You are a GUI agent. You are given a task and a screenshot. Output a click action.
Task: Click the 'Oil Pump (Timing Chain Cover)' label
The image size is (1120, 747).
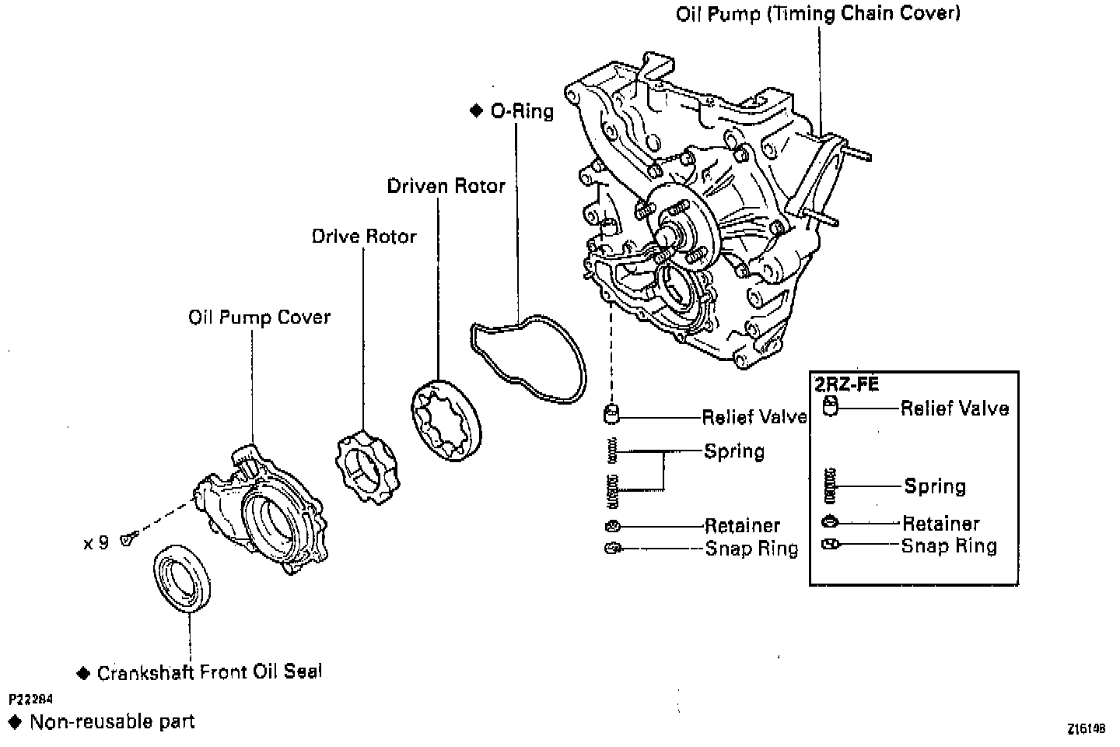pyautogui.click(x=818, y=14)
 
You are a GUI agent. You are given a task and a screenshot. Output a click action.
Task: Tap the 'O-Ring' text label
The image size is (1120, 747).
pyautogui.click(x=522, y=111)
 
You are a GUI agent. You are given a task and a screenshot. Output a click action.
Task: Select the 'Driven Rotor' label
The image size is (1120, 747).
pyautogui.click(x=446, y=186)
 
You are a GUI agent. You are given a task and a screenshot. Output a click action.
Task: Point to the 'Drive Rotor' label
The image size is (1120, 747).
pyautogui.click(x=364, y=236)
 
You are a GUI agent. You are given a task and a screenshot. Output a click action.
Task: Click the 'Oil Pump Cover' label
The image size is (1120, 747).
pyautogui.click(x=259, y=317)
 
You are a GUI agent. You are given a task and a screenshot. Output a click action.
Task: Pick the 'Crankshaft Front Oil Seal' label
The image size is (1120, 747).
pyautogui.click(x=209, y=672)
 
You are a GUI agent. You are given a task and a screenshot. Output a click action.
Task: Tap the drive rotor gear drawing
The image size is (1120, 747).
pyautogui.click(x=365, y=466)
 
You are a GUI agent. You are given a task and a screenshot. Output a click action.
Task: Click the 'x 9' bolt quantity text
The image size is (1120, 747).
pyautogui.click(x=96, y=543)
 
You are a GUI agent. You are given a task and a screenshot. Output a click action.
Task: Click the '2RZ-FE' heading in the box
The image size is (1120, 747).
pyautogui.click(x=846, y=384)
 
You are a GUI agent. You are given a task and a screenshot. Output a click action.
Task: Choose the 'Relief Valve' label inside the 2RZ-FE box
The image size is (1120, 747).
pyautogui.click(x=954, y=409)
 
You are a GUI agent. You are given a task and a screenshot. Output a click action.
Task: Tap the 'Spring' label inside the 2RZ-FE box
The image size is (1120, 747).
pyautogui.click(x=935, y=487)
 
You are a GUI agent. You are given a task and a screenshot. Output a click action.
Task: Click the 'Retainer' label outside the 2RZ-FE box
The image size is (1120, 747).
pyautogui.click(x=742, y=526)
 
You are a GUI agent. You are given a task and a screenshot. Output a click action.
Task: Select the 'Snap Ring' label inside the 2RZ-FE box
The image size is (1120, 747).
pyautogui.click(x=949, y=546)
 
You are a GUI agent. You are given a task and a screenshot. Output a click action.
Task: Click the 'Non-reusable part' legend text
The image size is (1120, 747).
pyautogui.click(x=112, y=722)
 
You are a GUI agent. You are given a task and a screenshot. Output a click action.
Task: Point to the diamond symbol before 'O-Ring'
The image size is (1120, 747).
pyautogui.click(x=477, y=111)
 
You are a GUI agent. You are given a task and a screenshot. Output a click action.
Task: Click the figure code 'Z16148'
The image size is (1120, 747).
pyautogui.click(x=1086, y=729)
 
